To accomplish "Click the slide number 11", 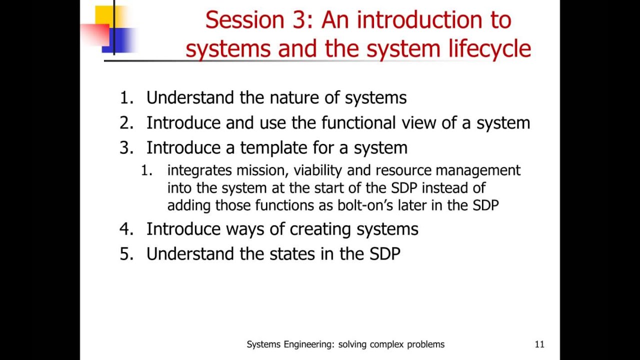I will [539, 344].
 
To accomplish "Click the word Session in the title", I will [237, 20].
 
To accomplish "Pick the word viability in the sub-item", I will [318, 170].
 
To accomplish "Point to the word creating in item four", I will [320, 229].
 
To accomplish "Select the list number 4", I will [126, 229].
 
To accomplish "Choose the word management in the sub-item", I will [478, 170].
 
